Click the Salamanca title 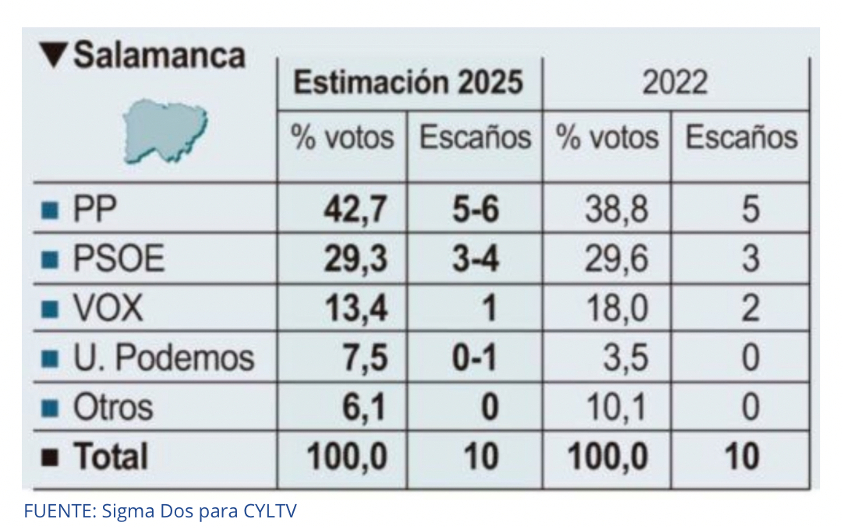click(x=159, y=55)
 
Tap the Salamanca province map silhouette click(x=165, y=130)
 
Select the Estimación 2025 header click(x=408, y=82)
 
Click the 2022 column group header click(x=675, y=83)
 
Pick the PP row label click(x=94, y=209)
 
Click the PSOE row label click(x=119, y=258)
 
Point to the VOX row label click(x=108, y=308)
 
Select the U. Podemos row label click(x=163, y=358)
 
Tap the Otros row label click(x=113, y=408)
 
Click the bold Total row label click(x=111, y=457)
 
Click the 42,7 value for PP click(x=355, y=209)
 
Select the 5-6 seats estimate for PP click(x=476, y=209)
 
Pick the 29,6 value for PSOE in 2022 click(x=616, y=259)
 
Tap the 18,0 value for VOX click(x=617, y=309)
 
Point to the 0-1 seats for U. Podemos click(x=475, y=358)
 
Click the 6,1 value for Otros click(x=364, y=408)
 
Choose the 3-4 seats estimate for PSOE click(x=476, y=258)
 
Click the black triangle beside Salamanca click(x=53, y=55)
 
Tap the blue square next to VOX click(x=50, y=309)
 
